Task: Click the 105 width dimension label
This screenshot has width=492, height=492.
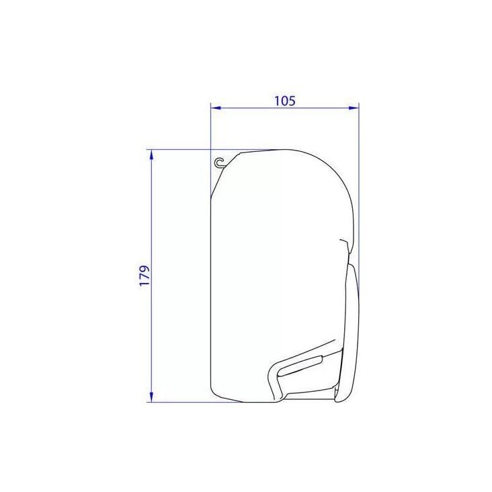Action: click(x=285, y=101)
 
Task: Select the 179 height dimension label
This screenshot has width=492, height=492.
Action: click(x=145, y=276)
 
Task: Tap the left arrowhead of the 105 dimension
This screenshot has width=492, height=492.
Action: click(x=216, y=108)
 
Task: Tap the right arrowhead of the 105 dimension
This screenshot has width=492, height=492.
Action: click(x=354, y=108)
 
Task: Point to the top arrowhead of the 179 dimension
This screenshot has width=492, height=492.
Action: click(x=151, y=155)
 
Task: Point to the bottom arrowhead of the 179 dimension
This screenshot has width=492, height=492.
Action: click(x=151, y=397)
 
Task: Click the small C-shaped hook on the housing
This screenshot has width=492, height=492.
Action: click(x=220, y=163)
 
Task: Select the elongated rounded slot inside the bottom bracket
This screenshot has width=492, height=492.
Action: click(x=300, y=366)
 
